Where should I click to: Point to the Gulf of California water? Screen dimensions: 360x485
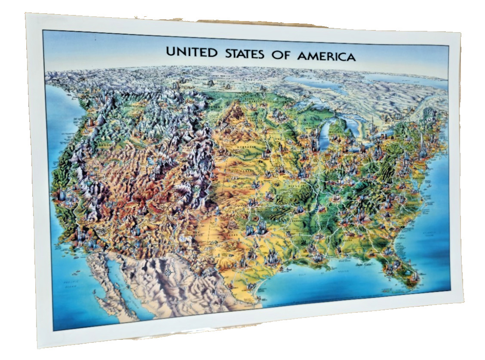point(118,279)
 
